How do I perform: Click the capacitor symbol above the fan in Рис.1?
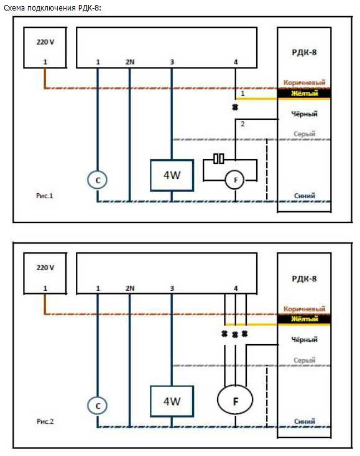pos(219,159)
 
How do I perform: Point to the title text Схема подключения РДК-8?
pos(52,8)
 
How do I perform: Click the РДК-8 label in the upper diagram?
pos(304,53)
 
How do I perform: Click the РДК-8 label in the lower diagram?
pos(304,278)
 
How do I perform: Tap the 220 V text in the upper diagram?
pos(45,42)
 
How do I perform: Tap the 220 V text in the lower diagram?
pos(45,268)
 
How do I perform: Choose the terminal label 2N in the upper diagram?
pos(130,62)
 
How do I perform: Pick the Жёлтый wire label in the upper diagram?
pos(305,93)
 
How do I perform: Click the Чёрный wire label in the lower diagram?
pos(305,339)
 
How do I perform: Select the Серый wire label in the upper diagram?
pos(305,134)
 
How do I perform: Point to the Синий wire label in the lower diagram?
pos(305,421)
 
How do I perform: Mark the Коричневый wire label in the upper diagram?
pos(304,83)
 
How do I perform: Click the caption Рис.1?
pos(45,196)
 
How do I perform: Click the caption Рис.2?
pos(45,421)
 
